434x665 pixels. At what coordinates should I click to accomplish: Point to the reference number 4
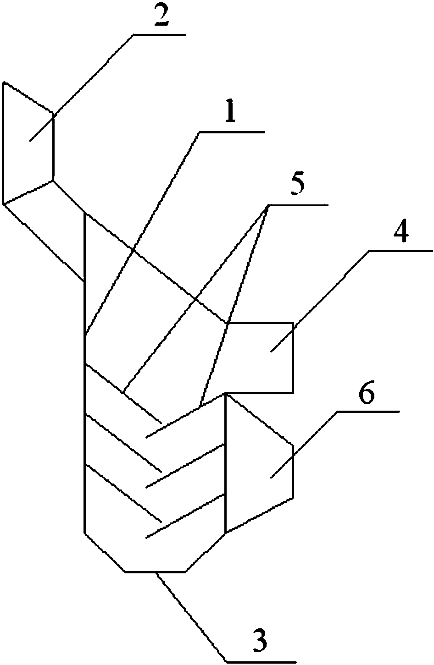pyautogui.click(x=401, y=233)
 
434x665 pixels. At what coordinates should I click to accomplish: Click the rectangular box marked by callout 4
pyautogui.click(x=260, y=358)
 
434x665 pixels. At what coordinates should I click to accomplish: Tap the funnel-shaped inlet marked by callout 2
pyautogui.click(x=28, y=143)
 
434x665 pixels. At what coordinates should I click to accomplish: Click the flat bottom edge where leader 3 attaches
pyautogui.click(x=155, y=572)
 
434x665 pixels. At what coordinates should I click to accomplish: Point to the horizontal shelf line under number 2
pyautogui.click(x=160, y=35)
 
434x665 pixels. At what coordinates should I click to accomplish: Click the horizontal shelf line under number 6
pyautogui.click(x=368, y=411)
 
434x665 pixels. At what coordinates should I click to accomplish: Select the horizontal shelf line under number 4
pyautogui.click(x=401, y=251)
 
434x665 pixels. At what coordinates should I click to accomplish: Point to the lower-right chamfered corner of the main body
pyautogui.click(x=206, y=552)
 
